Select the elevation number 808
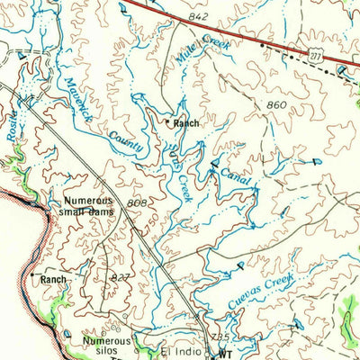137,203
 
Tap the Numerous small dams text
88,207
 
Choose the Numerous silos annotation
106,346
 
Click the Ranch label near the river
53,280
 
